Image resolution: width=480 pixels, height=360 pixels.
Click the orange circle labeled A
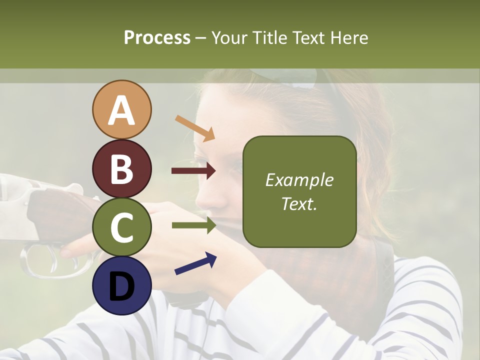121,110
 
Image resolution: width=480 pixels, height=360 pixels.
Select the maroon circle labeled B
121,168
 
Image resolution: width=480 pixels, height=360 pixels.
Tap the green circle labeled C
121,227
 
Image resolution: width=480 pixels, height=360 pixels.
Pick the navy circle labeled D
121,285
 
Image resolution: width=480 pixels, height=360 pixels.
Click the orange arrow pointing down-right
195,128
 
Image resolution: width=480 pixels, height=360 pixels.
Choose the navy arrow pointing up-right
195,263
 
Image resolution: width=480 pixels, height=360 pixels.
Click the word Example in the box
299,180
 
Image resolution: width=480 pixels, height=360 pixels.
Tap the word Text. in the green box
299,204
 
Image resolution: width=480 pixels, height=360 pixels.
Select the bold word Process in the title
157,37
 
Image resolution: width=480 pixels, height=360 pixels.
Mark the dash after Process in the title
201,38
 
